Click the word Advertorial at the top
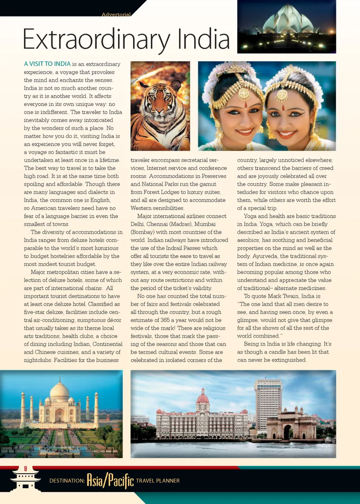pos(116,15)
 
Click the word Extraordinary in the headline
pos(96,40)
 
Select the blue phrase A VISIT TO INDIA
pos(47,64)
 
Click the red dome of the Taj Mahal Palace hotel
pos(202,397)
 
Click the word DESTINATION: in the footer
pos(67,481)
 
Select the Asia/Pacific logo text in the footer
pos(110,480)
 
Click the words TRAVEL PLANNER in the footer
pos(158,481)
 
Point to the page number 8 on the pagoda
pos(25,469)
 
